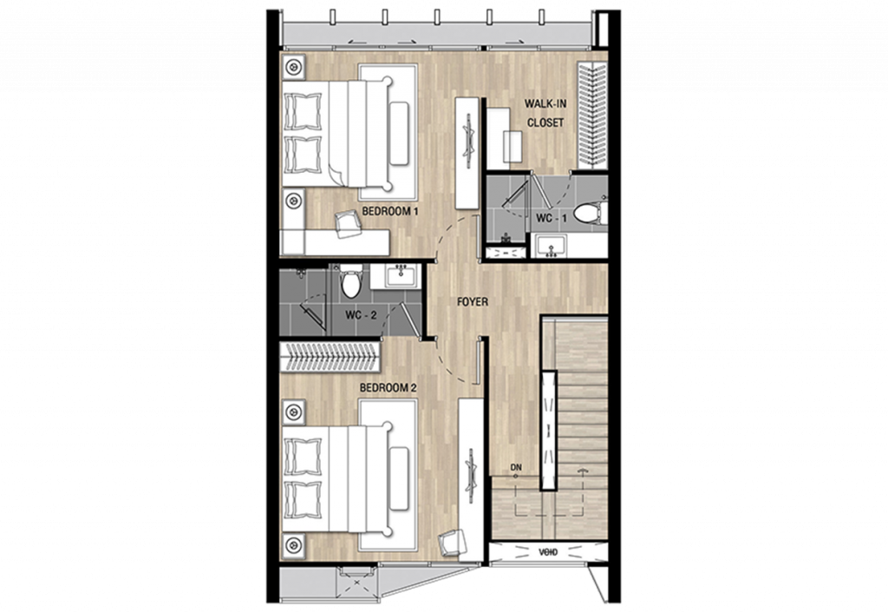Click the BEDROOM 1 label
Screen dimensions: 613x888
tap(390, 211)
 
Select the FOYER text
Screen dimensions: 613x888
tap(473, 302)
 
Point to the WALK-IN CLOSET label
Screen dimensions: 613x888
tap(545, 114)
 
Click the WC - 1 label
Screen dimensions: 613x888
tap(552, 218)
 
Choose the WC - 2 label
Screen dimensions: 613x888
tap(361, 315)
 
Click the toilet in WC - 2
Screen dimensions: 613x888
tap(350, 283)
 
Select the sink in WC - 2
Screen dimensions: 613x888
tap(400, 277)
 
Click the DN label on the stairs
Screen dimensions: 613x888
tap(517, 469)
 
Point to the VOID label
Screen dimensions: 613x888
tap(547, 550)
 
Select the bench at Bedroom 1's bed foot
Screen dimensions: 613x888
tap(399, 133)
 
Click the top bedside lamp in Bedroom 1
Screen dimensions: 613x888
tap(293, 66)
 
